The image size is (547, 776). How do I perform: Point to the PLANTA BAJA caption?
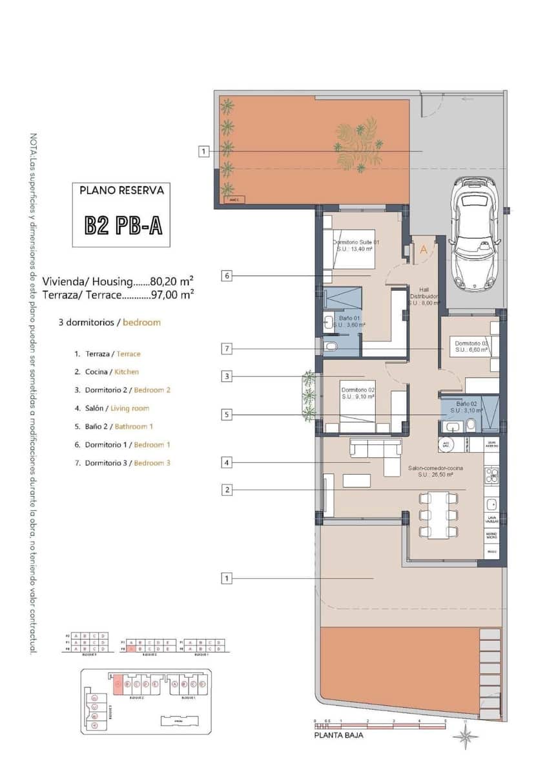tap(338, 735)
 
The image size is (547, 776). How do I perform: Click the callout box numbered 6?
tap(226, 275)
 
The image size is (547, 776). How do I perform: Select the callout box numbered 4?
tap(226, 462)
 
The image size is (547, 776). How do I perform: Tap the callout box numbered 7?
tap(226, 349)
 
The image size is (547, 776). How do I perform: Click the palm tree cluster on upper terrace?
tap(357, 144)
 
